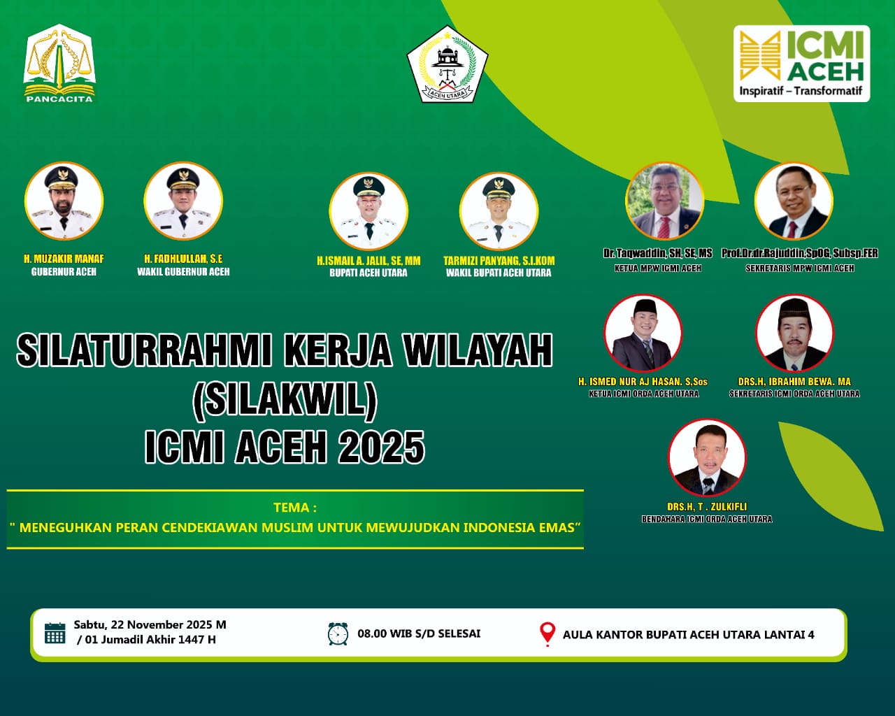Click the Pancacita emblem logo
[x=59, y=63]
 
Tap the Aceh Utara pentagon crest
[x=447, y=64]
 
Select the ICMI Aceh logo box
[x=801, y=64]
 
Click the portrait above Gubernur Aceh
[x=64, y=201]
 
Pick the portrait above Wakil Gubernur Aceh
[x=183, y=201]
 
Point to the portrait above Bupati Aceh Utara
[x=368, y=211]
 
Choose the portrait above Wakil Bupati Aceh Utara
[x=499, y=211]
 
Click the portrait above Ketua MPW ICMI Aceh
[x=664, y=201]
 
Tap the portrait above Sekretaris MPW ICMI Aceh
[x=794, y=201]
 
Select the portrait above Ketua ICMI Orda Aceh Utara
[x=643, y=333]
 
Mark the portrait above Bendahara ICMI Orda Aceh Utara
[x=707, y=457]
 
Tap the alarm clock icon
[x=338, y=633]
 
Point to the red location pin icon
[x=547, y=633]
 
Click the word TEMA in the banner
[x=294, y=508]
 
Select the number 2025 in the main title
[x=382, y=447]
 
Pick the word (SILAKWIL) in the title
[x=285, y=399]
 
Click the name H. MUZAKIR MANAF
[x=64, y=259]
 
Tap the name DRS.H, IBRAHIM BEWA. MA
[x=794, y=382]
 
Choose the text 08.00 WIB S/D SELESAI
[x=419, y=633]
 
